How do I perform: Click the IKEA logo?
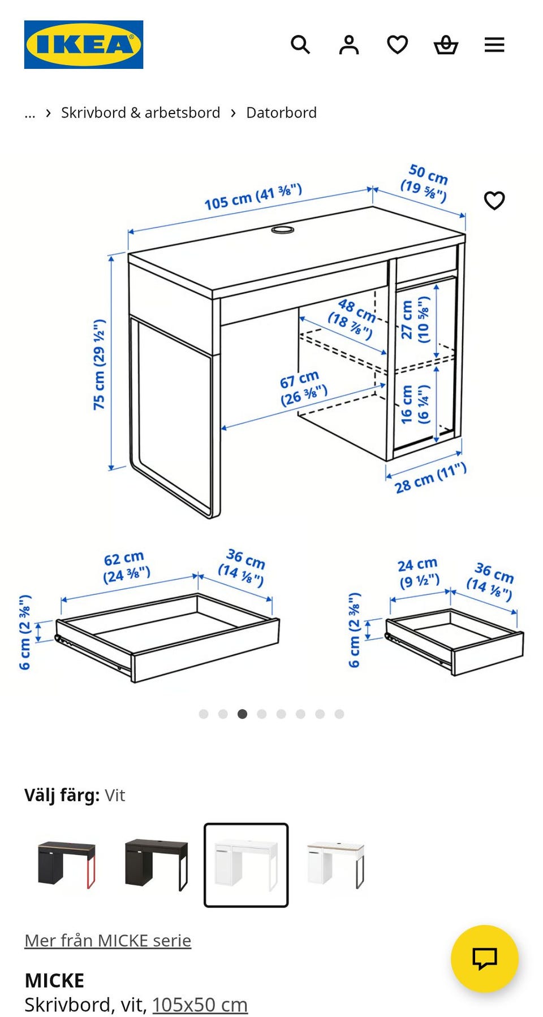84,45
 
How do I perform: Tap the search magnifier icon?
300,45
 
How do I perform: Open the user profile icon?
349,45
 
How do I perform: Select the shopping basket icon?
446,45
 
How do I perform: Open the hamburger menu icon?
494,45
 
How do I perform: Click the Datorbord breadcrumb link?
281,112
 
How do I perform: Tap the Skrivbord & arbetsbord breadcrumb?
140,112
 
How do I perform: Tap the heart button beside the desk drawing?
494,200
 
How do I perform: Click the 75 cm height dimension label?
100,364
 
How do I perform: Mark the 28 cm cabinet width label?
430,478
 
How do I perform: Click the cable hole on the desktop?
283,230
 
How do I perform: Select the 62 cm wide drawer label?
126,567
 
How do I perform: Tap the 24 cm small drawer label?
419,573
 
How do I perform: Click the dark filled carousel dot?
242,714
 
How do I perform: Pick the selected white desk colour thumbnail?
246,865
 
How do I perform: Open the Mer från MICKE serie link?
107,940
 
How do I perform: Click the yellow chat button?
485,959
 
